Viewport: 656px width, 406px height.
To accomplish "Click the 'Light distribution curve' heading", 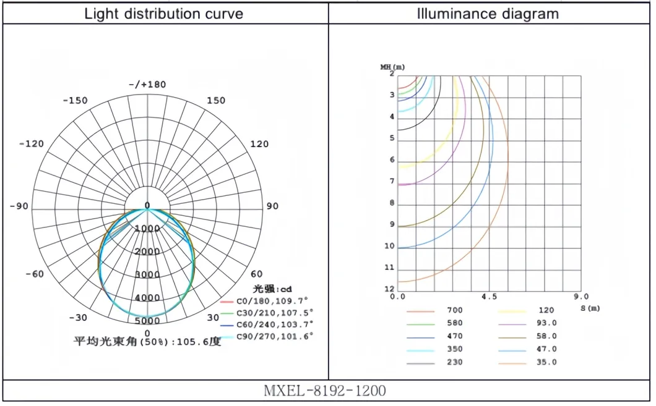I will pyautogui.click(x=164, y=14).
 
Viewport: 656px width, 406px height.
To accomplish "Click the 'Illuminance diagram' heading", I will pyautogui.click(x=488, y=14).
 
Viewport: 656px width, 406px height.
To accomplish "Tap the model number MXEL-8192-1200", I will pyautogui.click(x=325, y=391).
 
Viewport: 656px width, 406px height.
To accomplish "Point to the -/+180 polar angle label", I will pyautogui.click(x=147, y=85).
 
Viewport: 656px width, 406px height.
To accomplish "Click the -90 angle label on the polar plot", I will pyautogui.click(x=19, y=206).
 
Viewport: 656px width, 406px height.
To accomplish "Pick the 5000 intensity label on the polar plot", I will pyautogui.click(x=147, y=321).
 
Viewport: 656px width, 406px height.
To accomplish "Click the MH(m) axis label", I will pyautogui.click(x=392, y=66).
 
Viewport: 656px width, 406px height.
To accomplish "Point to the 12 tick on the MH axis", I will pyautogui.click(x=389, y=289).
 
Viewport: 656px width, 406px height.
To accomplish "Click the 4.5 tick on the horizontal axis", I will pyautogui.click(x=489, y=297).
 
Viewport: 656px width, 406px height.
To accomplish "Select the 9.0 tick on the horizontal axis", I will pyautogui.click(x=580, y=297).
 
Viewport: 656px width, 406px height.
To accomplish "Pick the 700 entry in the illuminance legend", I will pyautogui.click(x=454, y=310).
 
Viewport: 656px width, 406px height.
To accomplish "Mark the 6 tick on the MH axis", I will pyautogui.click(x=392, y=160).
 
